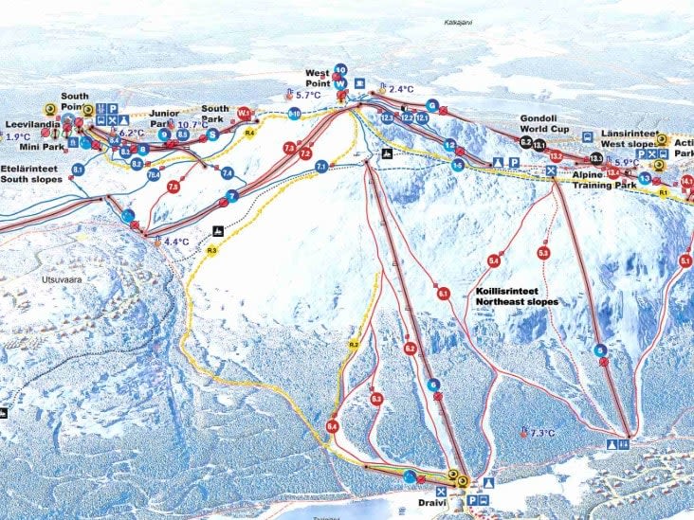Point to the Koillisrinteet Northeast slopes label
tap(517, 296)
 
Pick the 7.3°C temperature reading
tap(541, 433)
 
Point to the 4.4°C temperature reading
tap(176, 242)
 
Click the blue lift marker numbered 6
tap(433, 385)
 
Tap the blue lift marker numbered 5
tap(600, 350)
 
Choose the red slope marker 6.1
tap(443, 295)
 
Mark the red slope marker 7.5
tap(173, 188)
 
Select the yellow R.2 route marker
tap(353, 345)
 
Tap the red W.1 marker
tap(244, 113)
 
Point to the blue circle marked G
tap(431, 105)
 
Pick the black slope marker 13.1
tap(539, 144)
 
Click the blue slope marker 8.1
tap(78, 170)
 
